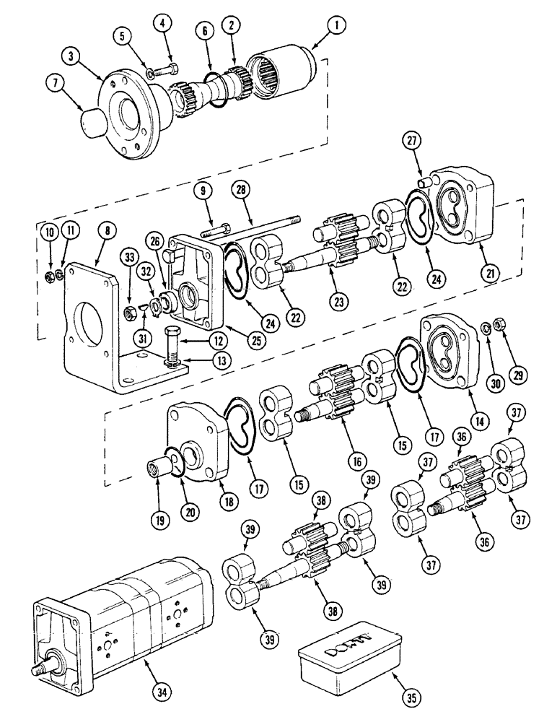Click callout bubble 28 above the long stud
pyautogui.click(x=240, y=190)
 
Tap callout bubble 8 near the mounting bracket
pyautogui.click(x=108, y=232)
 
